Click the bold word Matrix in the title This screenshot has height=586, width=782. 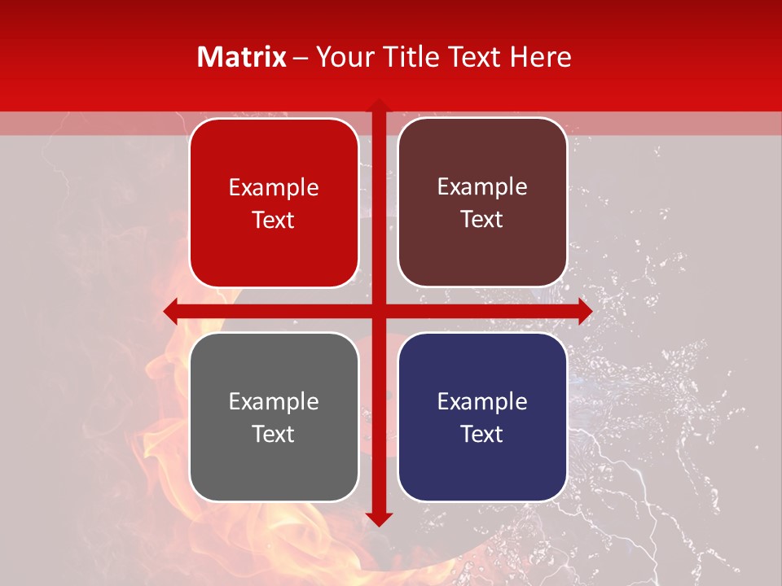242,57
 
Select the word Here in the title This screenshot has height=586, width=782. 541,57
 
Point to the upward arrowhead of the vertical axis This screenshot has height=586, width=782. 378,107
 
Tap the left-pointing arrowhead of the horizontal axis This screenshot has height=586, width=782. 171,311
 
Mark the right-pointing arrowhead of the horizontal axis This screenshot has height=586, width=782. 584,311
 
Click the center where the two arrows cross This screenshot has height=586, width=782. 378,311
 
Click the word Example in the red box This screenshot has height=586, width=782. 274,188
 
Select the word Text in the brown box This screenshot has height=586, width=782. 482,220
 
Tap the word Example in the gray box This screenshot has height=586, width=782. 274,401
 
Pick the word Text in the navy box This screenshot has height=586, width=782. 482,434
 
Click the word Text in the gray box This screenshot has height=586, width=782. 274,434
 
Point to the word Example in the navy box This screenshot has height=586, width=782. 482,401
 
